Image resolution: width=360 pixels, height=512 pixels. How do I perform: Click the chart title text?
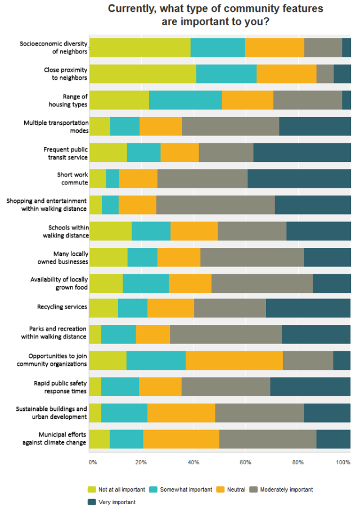tap(215, 15)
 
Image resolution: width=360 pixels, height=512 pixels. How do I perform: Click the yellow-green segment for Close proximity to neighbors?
tap(143, 74)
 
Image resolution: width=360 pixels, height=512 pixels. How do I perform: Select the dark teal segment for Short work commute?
tap(299, 179)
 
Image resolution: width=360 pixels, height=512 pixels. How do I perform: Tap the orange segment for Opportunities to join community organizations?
tap(234, 360)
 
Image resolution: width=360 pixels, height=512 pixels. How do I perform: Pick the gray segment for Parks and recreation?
tap(226, 334)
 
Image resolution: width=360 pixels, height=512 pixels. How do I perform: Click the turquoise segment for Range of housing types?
tap(186, 100)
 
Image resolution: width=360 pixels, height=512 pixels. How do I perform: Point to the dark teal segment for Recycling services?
tap(308, 308)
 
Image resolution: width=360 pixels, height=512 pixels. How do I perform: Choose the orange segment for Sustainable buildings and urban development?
tap(181, 413)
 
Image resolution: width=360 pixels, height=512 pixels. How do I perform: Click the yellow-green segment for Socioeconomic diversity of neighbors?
tap(140, 48)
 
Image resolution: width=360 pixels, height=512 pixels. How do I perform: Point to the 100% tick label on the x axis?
tap(343, 462)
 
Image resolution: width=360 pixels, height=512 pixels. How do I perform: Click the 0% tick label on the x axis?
tap(93, 462)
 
